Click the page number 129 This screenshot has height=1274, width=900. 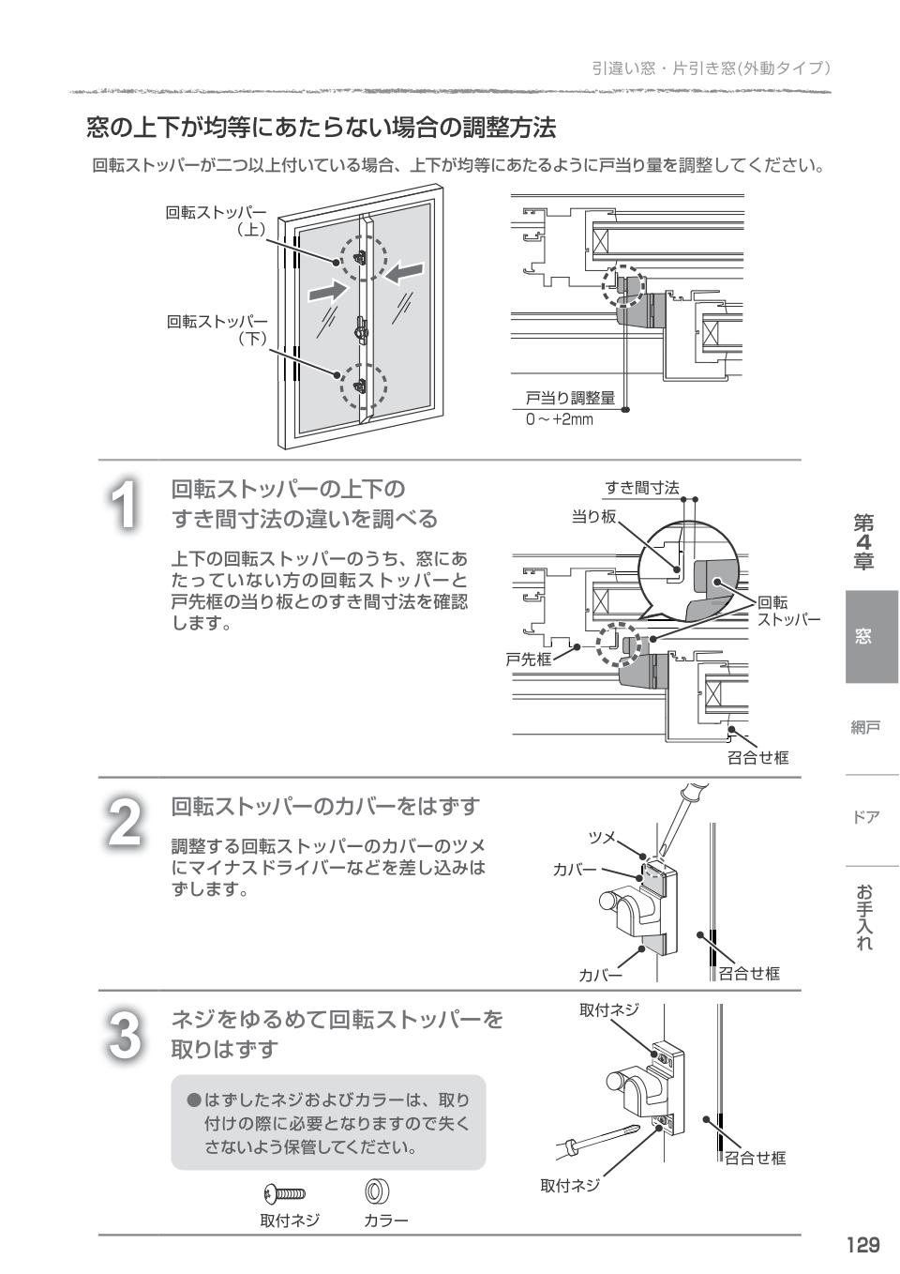(x=862, y=1245)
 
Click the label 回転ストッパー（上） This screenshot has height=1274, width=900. (x=217, y=220)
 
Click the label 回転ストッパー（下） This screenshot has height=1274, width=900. (x=217, y=330)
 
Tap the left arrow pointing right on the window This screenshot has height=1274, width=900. (x=327, y=289)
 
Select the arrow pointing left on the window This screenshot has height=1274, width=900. (x=404, y=273)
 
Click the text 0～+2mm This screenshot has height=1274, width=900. (x=559, y=419)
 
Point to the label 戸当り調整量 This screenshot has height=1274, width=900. (x=569, y=399)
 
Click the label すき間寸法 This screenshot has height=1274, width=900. (x=641, y=487)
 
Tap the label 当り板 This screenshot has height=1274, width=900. (x=593, y=516)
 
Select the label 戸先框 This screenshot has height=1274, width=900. (x=529, y=660)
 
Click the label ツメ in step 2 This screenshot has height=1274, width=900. (x=601, y=837)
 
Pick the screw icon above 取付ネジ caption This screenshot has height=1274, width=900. (x=285, y=1194)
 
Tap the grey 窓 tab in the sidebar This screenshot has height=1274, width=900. (x=862, y=636)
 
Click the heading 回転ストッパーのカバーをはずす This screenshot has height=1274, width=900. (x=325, y=806)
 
